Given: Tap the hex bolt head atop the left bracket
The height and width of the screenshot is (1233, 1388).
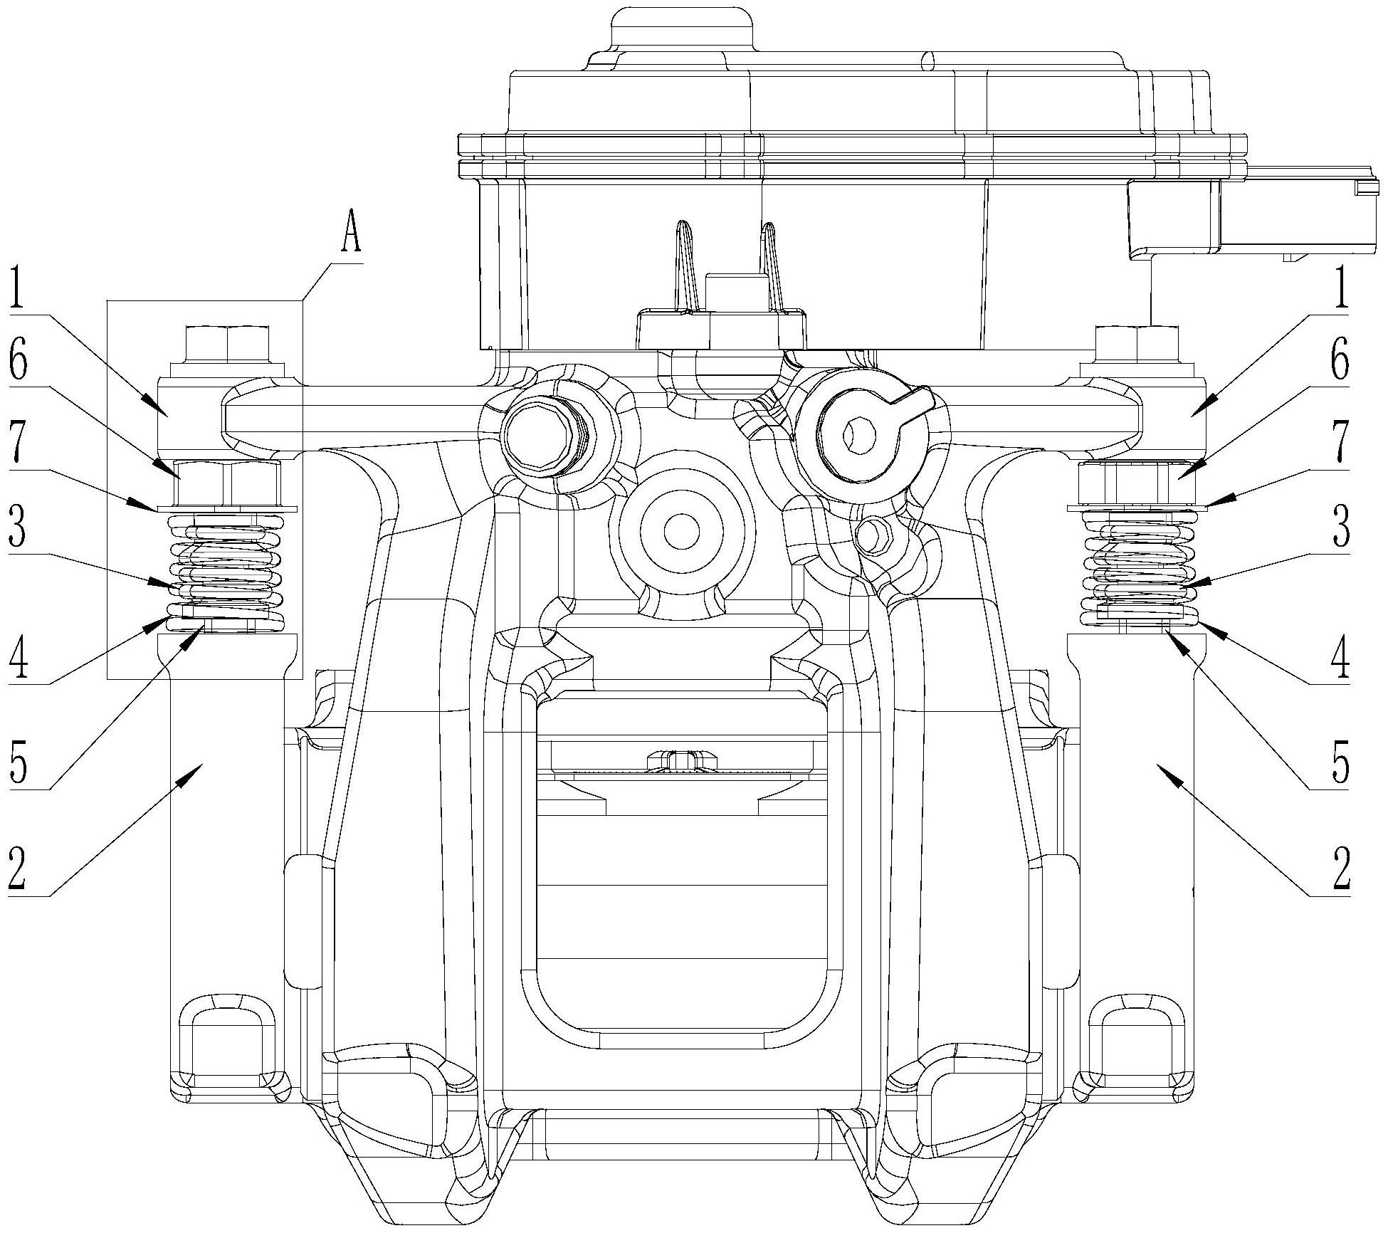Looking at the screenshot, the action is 227,345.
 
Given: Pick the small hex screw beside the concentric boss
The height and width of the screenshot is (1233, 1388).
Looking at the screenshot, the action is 875,532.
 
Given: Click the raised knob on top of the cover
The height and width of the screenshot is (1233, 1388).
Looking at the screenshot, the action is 682,29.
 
